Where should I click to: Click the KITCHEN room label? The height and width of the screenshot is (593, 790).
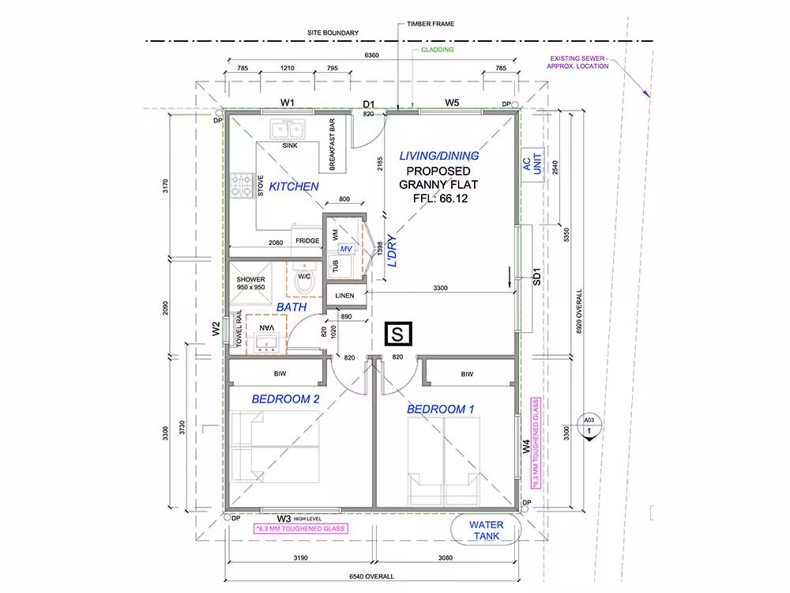(x=294, y=187)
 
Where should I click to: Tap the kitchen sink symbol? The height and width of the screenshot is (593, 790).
(x=288, y=129)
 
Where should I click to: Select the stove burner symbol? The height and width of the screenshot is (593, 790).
(x=243, y=185)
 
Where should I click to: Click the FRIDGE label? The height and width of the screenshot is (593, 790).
(x=307, y=240)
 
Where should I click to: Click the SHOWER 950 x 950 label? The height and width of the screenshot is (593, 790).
(x=250, y=283)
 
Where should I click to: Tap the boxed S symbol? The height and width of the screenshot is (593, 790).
(x=398, y=334)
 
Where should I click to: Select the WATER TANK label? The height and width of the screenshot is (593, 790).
(x=486, y=531)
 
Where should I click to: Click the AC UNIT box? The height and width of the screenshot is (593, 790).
(x=532, y=164)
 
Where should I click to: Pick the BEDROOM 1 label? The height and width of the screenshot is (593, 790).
(x=440, y=410)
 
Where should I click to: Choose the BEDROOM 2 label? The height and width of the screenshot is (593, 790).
(x=285, y=399)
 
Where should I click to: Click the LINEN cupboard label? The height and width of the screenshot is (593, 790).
(x=344, y=296)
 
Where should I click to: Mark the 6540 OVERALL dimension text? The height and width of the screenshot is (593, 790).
(x=371, y=576)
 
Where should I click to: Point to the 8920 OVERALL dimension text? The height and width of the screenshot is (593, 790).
(x=579, y=311)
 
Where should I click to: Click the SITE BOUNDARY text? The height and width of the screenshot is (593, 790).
(x=333, y=32)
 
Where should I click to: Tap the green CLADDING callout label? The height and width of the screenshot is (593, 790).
(x=438, y=49)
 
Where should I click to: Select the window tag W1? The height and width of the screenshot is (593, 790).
(x=288, y=103)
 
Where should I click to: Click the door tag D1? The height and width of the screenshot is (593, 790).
(x=369, y=104)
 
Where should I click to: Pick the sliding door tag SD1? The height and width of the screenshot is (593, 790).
(x=536, y=277)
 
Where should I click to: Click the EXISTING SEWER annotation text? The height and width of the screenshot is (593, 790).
(x=578, y=62)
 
